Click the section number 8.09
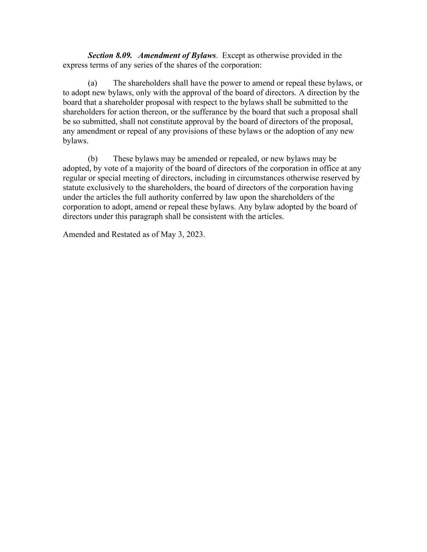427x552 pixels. (123, 55)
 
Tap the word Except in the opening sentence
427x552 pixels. (233, 55)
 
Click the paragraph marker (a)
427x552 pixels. (92, 83)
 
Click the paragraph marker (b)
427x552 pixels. (93, 159)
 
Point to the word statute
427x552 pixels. (74, 188)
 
